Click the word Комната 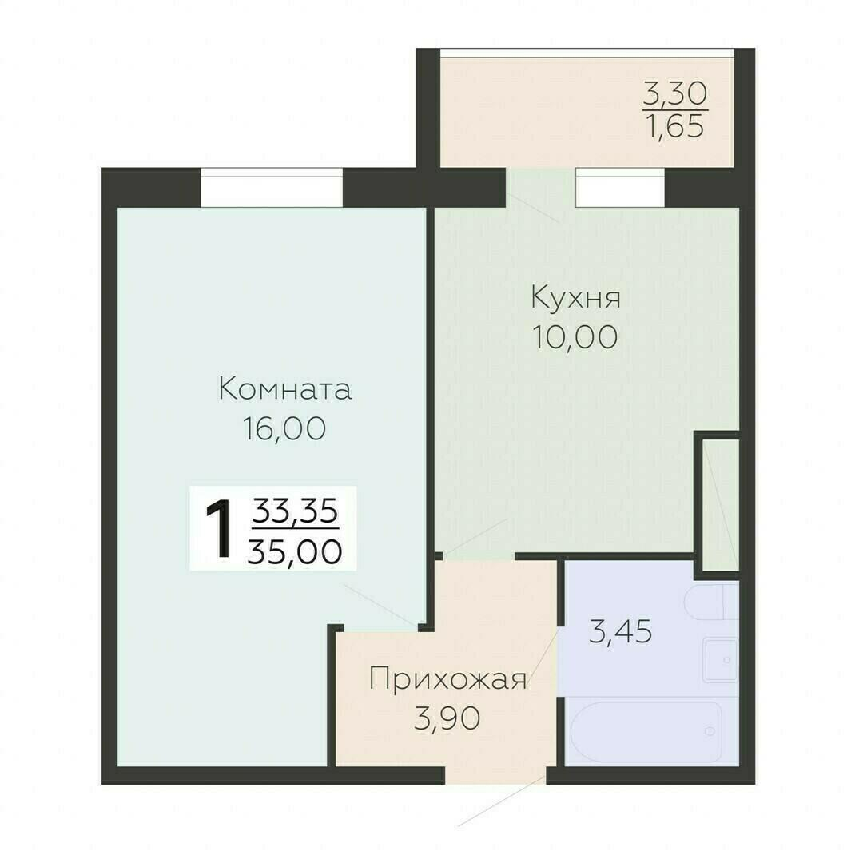[x=284, y=390]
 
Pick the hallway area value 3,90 [x=447, y=719]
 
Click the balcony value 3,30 [x=675, y=96]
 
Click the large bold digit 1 [x=218, y=528]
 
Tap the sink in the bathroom [x=721, y=660]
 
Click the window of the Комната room [x=272, y=188]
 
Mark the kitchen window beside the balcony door [x=620, y=188]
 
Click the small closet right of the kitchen [x=718, y=503]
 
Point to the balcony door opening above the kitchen [x=540, y=188]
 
